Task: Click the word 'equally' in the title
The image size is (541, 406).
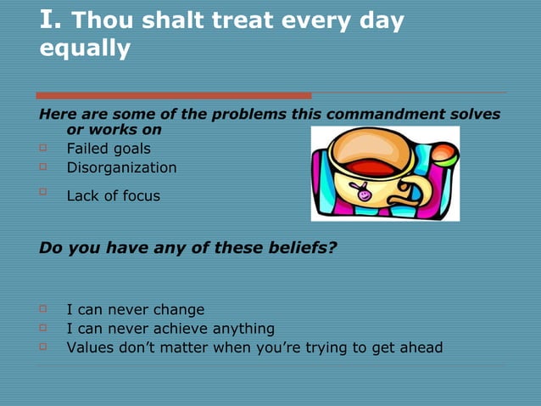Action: [x=86, y=49]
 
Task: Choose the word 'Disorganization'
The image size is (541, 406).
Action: [x=121, y=167]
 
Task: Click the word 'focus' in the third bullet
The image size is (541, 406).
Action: [x=138, y=196]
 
